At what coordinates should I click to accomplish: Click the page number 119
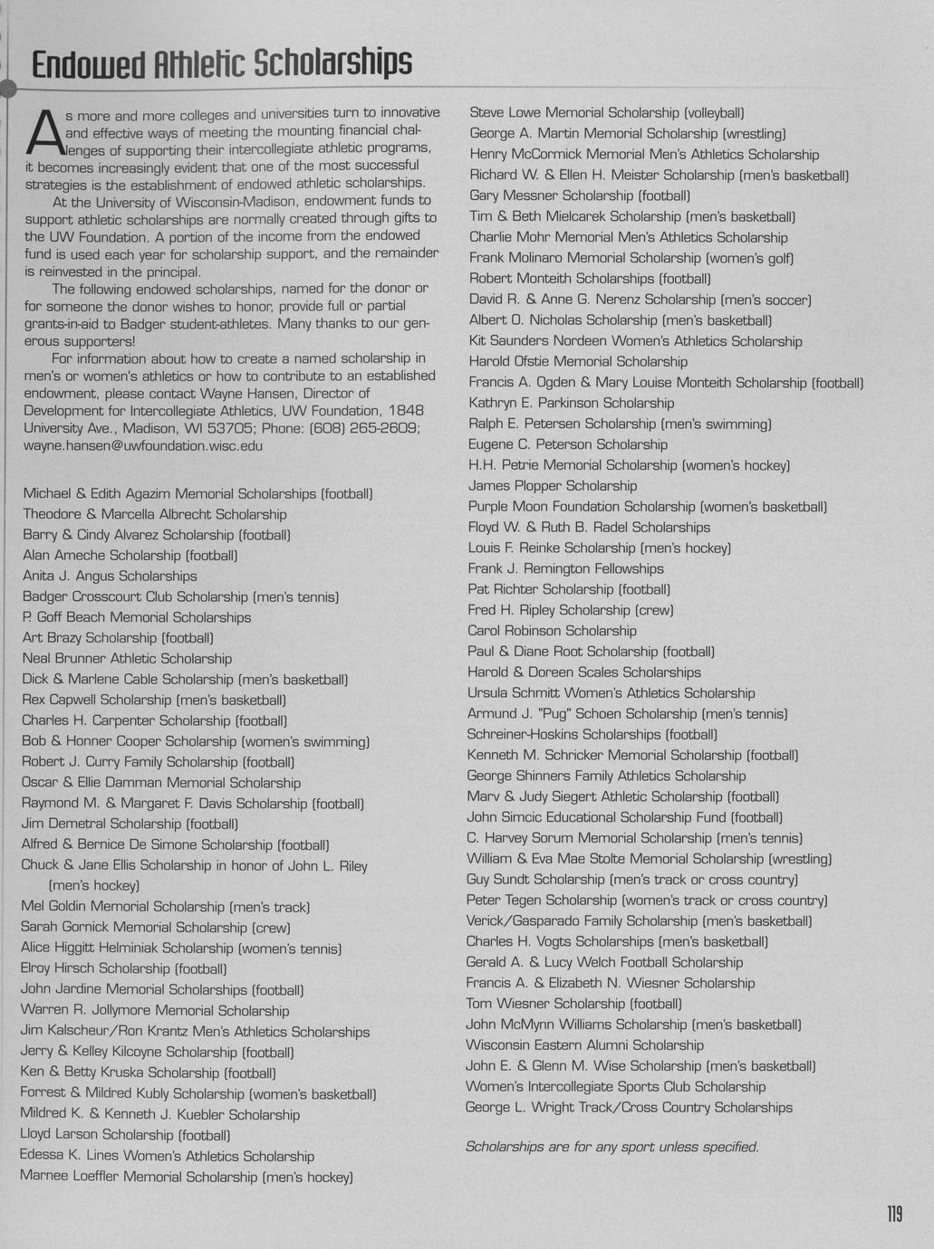(x=893, y=1213)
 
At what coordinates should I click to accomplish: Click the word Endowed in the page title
(x=88, y=64)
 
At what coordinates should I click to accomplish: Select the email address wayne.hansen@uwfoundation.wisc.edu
(x=143, y=445)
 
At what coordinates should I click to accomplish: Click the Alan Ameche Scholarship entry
(x=130, y=555)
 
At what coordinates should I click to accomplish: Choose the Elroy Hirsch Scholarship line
(x=124, y=968)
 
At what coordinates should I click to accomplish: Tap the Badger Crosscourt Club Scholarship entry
(x=180, y=596)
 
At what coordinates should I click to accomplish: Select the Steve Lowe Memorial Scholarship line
(x=606, y=113)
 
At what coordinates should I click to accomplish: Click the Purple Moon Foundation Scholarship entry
(x=647, y=507)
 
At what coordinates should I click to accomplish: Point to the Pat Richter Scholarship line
(x=569, y=589)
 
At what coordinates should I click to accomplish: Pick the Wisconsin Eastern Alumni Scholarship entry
(x=584, y=1045)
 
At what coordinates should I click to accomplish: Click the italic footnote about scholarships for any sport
(x=611, y=1147)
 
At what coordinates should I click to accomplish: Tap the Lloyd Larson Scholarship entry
(x=125, y=1135)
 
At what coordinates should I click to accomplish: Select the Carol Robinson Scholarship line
(x=552, y=631)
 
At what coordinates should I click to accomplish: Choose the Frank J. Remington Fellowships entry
(x=565, y=568)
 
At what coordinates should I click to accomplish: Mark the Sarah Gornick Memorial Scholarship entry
(x=156, y=928)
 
